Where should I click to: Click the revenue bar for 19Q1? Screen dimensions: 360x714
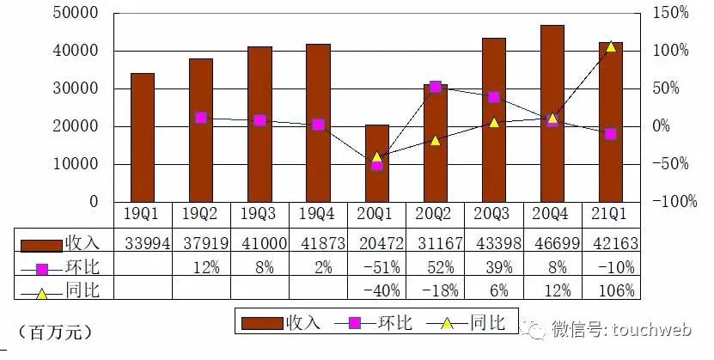(x=143, y=137)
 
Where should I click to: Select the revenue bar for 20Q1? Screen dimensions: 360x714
(x=376, y=163)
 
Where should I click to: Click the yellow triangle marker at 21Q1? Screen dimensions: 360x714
(x=611, y=46)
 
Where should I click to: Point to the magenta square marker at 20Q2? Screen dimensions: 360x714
(x=435, y=87)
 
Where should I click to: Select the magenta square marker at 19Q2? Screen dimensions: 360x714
(x=201, y=118)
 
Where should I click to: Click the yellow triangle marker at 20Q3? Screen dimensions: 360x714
(x=493, y=122)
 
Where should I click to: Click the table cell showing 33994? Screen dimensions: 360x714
(x=143, y=243)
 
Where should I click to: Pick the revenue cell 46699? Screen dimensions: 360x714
(x=552, y=243)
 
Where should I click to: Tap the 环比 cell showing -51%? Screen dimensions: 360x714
(x=376, y=267)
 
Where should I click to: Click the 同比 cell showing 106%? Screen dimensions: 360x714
(x=610, y=290)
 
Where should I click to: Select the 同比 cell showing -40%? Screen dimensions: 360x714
(x=376, y=290)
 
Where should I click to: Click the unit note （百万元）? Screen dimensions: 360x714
(x=53, y=330)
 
